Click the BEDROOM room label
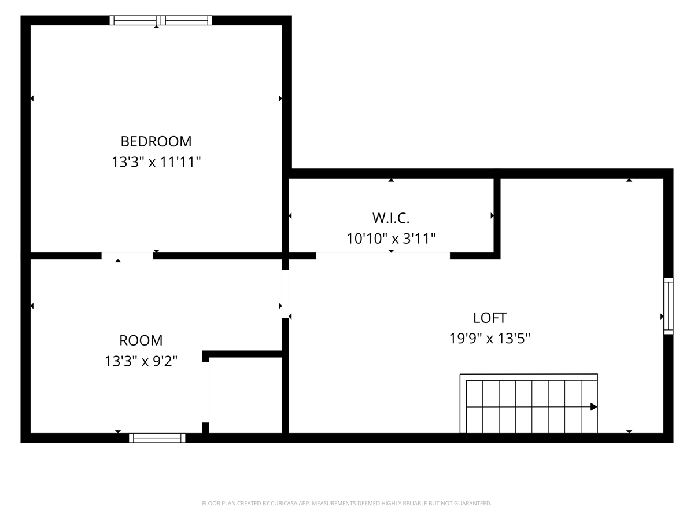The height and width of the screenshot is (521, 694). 156,141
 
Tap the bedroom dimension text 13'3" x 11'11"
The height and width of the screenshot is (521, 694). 156,162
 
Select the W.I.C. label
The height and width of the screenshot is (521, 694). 391,218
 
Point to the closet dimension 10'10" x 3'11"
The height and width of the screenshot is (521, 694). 391,239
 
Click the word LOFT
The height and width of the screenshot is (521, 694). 489,318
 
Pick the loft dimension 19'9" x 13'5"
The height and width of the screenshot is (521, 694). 489,339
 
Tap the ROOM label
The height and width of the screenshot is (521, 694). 141,341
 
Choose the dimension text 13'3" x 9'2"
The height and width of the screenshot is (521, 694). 141,361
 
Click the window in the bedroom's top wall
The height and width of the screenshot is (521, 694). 161,20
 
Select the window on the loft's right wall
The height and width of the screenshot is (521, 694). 668,306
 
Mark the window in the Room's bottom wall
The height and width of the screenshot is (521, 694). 157,438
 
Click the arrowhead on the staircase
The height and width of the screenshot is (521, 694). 594,407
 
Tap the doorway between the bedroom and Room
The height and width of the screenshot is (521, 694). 127,256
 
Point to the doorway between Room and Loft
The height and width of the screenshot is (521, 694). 285,294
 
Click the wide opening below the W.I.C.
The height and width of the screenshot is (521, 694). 383,256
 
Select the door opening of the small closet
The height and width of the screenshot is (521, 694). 205,392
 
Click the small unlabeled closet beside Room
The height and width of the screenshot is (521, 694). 245,395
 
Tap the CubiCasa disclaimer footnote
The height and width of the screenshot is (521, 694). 347,503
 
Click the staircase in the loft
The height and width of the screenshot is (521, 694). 529,403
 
